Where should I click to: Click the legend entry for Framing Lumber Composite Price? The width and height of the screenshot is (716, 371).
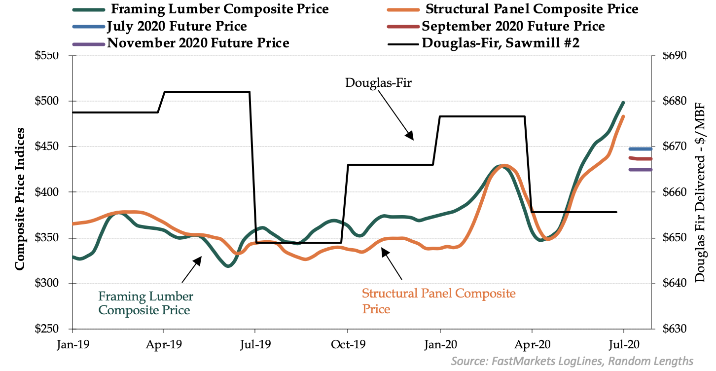click(x=220, y=9)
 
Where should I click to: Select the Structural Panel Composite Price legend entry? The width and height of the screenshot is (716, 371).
click(x=532, y=9)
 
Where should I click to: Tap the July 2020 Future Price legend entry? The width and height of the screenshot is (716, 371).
click(x=177, y=26)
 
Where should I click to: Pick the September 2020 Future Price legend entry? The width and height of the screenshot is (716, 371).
click(x=513, y=26)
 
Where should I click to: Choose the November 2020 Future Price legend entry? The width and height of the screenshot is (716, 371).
click(x=198, y=43)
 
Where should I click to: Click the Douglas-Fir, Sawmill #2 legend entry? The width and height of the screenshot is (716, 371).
click(x=501, y=43)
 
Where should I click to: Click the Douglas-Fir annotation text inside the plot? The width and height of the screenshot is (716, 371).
click(x=378, y=82)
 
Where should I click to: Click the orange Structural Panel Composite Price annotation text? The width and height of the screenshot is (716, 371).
click(x=438, y=301)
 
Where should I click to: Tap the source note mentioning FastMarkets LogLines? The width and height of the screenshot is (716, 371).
click(x=572, y=361)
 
